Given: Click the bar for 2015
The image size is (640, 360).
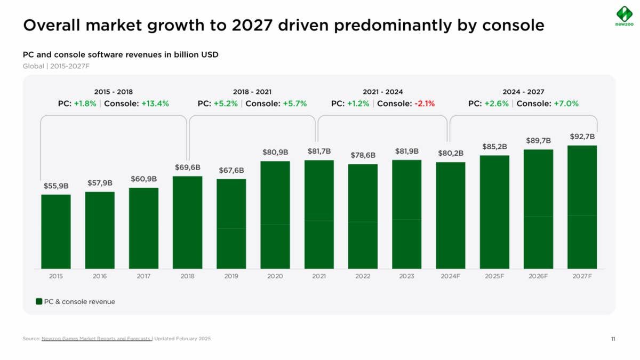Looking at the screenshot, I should (x=56, y=231).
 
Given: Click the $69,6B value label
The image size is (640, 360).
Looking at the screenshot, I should (x=187, y=167).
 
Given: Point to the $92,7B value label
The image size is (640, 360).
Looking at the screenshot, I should (x=582, y=137).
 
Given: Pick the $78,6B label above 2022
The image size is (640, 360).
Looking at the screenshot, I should (x=363, y=155).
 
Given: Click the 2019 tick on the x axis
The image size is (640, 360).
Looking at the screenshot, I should (x=231, y=276).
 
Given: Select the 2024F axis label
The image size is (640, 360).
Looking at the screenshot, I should (x=450, y=276).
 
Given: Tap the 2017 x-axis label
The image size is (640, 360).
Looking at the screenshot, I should (x=143, y=276).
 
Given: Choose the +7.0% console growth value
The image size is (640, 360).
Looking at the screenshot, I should (x=566, y=104).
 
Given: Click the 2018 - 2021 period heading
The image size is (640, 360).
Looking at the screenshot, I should (x=252, y=92).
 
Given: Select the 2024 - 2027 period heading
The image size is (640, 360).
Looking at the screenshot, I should (x=523, y=92).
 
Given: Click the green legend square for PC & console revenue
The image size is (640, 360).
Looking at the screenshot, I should (x=39, y=301).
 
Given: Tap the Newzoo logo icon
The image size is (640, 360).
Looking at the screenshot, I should (x=623, y=14).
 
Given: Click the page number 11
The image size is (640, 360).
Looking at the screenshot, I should (x=613, y=339).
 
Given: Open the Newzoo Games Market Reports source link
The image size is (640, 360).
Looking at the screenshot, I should (x=97, y=339).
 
